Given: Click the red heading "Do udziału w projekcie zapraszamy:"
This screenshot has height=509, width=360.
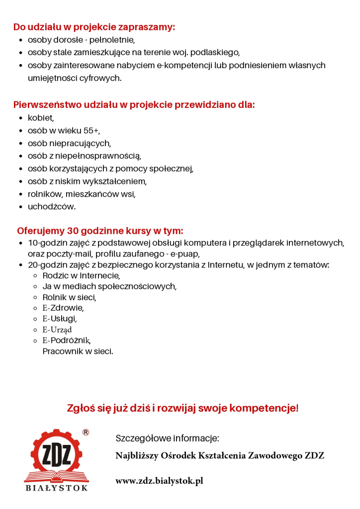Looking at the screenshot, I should pos(94,27).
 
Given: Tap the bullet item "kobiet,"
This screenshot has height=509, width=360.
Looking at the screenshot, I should pos(41,118).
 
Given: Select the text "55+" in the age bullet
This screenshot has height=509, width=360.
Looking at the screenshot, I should pos(90,131).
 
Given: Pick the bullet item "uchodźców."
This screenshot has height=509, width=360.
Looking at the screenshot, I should pos(52,206).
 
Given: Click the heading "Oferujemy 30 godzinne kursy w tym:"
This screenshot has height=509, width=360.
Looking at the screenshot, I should pos(100,231).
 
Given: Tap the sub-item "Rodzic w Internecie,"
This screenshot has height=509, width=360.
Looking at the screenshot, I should pos(81,275).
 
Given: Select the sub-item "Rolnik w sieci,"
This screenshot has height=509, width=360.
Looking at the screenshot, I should pos(69,297).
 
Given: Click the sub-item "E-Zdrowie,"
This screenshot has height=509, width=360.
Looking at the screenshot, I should pos(63,308).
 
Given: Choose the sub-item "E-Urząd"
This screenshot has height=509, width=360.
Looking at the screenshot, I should pos(57,330).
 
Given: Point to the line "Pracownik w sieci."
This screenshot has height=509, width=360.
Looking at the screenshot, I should pos(78,351).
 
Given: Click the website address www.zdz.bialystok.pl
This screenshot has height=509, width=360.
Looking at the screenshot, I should pos(159,481).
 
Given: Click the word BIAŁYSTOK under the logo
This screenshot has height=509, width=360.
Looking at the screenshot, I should pos(57,489).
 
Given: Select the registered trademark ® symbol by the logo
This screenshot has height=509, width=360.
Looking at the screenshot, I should pos(86,432).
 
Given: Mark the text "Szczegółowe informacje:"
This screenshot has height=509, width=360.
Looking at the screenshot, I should pos(167,438).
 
